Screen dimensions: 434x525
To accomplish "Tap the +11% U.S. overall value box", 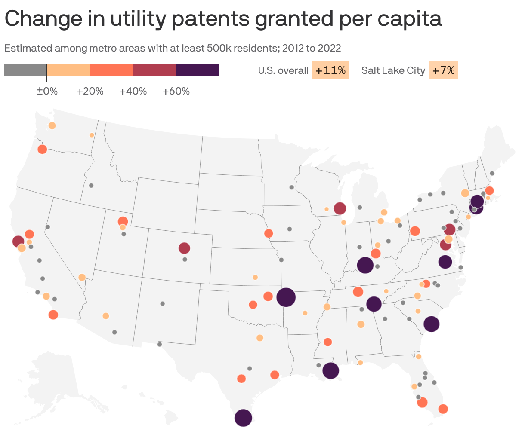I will coord(330,70).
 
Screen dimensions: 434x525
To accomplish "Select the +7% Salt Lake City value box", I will coord(443,70).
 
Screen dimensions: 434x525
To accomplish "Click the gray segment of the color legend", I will coord(25,70).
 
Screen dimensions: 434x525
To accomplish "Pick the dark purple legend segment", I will coord(197,70).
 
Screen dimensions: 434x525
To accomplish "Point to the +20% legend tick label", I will coord(90,92).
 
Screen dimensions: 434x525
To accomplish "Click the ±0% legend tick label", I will coord(47,92).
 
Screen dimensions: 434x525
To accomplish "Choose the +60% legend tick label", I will coord(176,92).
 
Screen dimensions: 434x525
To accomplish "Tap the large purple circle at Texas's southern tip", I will coord(243,418).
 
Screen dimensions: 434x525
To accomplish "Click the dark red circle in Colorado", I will coord(184,248).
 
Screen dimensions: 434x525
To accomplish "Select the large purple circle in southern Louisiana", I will coord(330,370).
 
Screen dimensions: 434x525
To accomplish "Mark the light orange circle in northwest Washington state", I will coord(52,125).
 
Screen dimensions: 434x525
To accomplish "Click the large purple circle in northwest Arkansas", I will coord(286,297).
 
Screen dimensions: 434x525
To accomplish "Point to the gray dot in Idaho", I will coord(91,186).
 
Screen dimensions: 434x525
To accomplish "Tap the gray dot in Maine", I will coord(492,173).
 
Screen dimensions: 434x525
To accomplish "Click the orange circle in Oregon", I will coord(42,149).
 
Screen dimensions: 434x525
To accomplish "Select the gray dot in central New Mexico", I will coord(162,303).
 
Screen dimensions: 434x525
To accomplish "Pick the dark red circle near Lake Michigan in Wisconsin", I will coord(340,208).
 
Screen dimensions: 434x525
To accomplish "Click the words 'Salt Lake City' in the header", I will coord(393,70).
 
